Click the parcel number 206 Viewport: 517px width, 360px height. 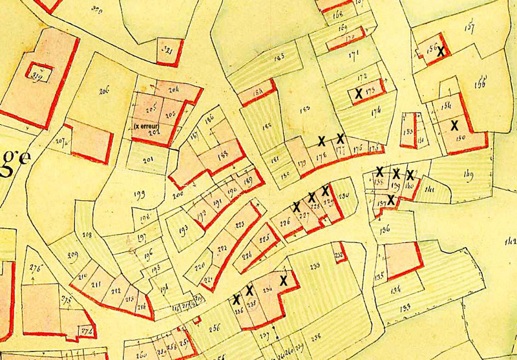pyautogui.click(x=104, y=92)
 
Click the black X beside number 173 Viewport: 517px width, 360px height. pyautogui.click(x=358, y=94)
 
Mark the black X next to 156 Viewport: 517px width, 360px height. pyautogui.click(x=441, y=52)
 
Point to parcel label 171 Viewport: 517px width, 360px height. pyautogui.click(x=353, y=56)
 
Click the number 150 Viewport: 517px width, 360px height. pyautogui.click(x=460, y=138)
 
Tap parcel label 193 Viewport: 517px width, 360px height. pyautogui.click(x=183, y=229)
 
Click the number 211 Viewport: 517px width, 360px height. pyautogui.click(x=97, y=284)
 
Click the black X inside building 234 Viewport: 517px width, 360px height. pyautogui.click(x=282, y=281)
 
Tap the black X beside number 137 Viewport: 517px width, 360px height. pyautogui.click(x=390, y=199)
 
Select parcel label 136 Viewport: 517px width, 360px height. pyautogui.click(x=385, y=229)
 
